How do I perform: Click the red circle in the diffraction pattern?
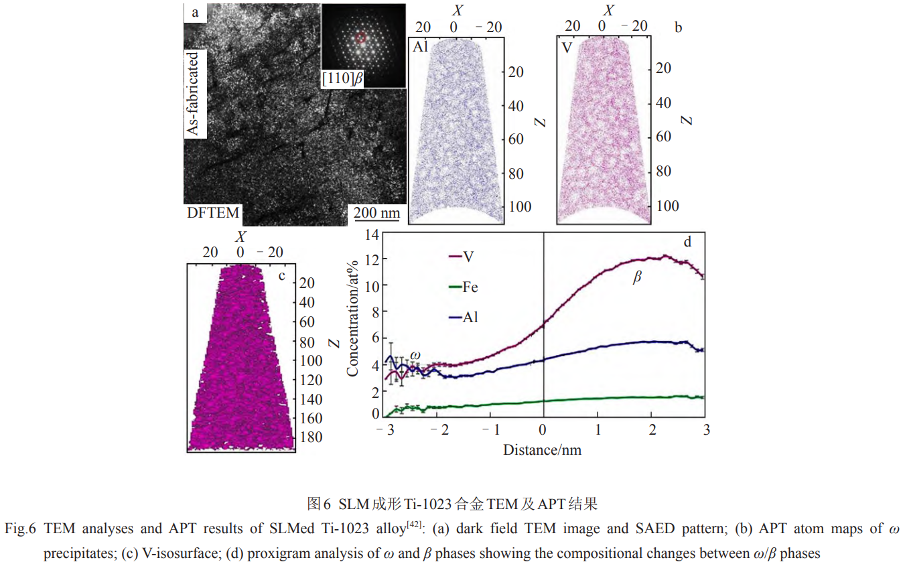click(361, 38)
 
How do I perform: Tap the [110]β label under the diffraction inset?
click(342, 79)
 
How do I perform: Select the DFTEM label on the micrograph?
click(212, 214)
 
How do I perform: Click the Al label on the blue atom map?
click(420, 46)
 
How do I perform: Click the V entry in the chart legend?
click(469, 256)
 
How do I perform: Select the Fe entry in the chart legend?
click(470, 287)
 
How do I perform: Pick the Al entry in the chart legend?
click(470, 318)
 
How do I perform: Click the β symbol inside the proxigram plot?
click(636, 277)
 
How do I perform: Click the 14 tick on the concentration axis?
click(372, 235)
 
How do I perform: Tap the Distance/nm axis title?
click(542, 449)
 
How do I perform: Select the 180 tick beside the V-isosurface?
click(311, 437)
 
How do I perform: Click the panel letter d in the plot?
click(687, 241)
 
